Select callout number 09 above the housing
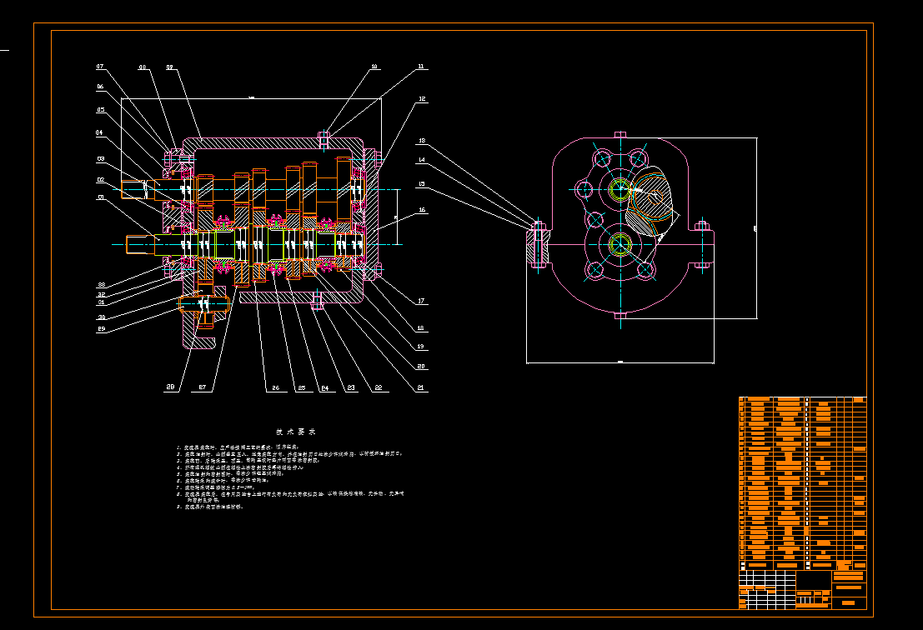coord(169,67)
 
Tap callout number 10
coord(374,66)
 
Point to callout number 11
coord(421,66)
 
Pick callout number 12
coord(422,99)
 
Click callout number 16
coord(422,210)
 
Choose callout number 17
coord(422,301)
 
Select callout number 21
coord(420,387)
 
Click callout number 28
coord(169,387)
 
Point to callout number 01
coord(100,197)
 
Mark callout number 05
coord(100,109)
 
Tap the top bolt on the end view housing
coord(620,134)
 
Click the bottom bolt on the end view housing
coord(620,315)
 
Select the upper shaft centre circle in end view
coord(620,190)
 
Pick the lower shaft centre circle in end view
coord(620,245)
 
